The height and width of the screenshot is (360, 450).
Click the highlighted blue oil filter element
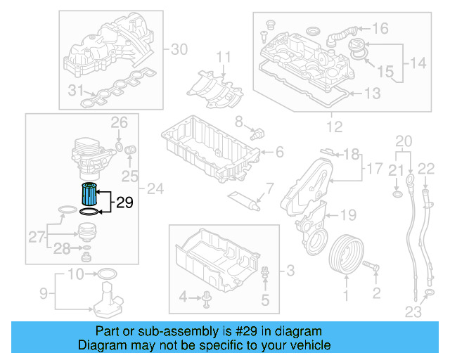click(89, 193)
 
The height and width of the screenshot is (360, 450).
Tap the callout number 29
click(124, 203)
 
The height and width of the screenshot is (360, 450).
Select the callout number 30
click(179, 49)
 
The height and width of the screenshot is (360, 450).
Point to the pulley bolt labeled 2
click(372, 266)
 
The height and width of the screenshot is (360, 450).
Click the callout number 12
click(334, 127)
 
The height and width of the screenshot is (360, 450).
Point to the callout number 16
click(380, 29)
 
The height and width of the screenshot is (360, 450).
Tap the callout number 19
click(349, 214)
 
